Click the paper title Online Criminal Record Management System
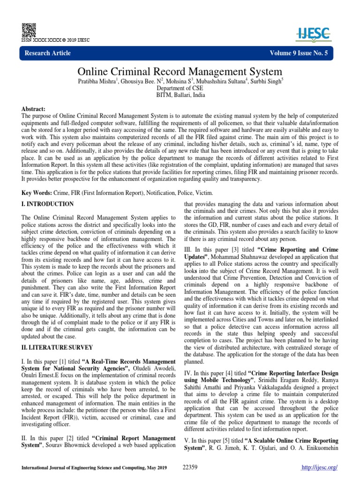tap(180, 72)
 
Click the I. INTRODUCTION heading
tap(47, 204)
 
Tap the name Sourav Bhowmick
tap(67, 445)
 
